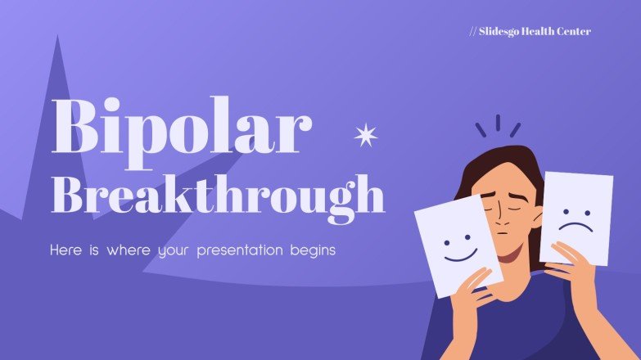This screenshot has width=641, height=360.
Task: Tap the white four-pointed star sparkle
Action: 364,135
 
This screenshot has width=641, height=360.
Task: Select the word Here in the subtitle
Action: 66,250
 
